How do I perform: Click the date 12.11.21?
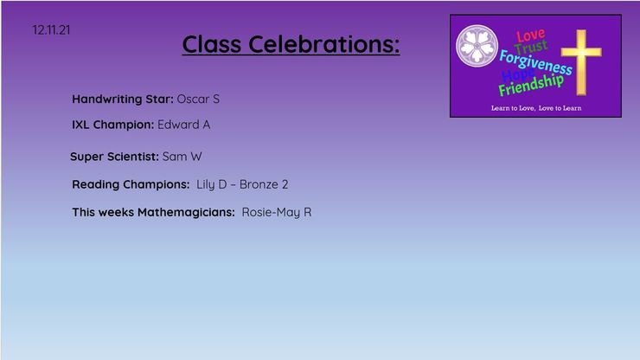(51, 29)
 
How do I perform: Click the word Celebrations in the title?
(324, 44)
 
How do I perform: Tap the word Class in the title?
(212, 44)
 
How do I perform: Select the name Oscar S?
(198, 99)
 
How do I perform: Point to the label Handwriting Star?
(123, 100)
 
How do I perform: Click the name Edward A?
(184, 125)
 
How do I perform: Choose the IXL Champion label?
(113, 125)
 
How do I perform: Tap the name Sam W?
(182, 157)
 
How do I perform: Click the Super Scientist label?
(114, 157)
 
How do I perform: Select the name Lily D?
(211, 184)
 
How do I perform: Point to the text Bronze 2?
(264, 184)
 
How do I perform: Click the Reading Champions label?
(131, 184)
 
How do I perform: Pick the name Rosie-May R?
(277, 213)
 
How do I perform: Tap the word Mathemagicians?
(186, 213)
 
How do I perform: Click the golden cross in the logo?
(581, 62)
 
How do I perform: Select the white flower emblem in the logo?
(477, 46)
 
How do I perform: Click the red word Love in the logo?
(530, 35)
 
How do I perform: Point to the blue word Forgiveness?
(536, 62)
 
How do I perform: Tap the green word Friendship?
(531, 85)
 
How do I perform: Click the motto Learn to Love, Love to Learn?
(536, 108)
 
